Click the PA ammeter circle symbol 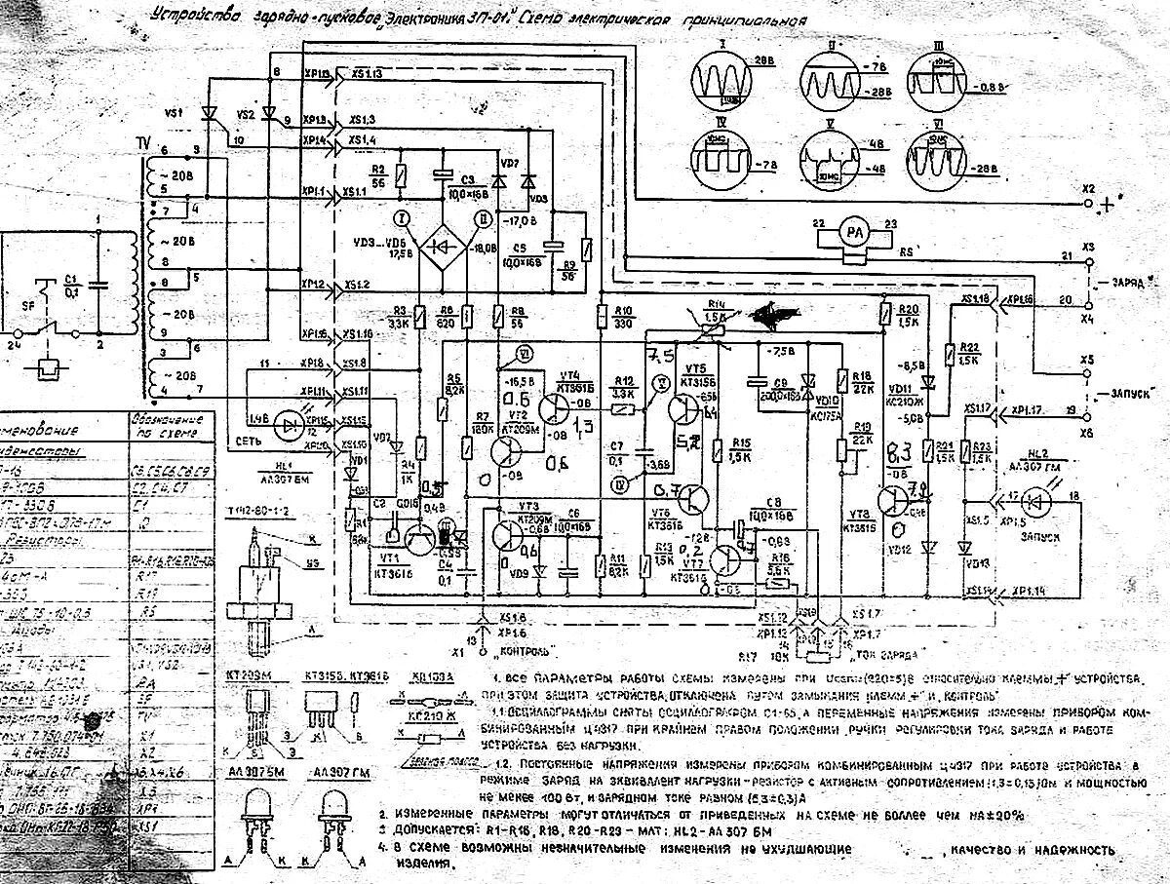[x=854, y=235]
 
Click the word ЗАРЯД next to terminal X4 [x=1133, y=280]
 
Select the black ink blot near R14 [x=776, y=314]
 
